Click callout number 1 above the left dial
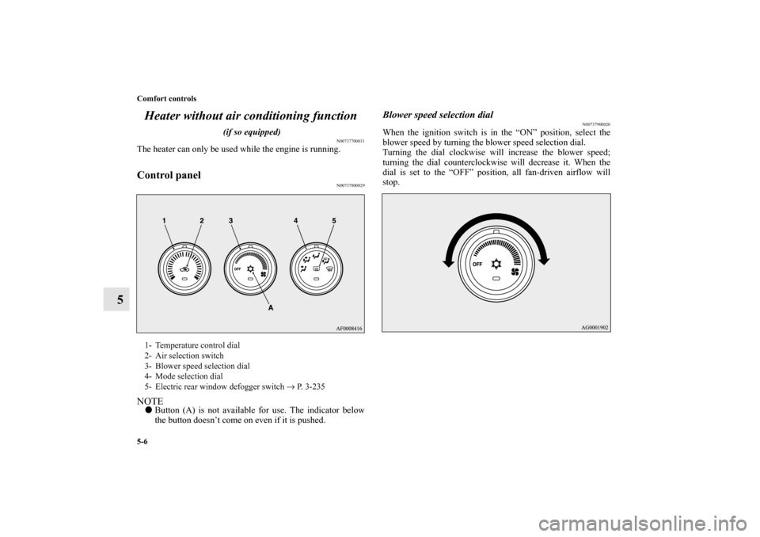[165, 221]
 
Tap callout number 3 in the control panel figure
[231, 221]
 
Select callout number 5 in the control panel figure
[334, 221]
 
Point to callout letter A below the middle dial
[271, 307]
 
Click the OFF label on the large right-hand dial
[477, 264]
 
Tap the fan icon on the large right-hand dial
[515, 272]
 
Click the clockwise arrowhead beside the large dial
[545, 260]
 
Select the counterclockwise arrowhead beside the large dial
[448, 262]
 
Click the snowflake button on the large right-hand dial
[496, 265]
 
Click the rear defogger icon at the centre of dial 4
[316, 269]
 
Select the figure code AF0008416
[349, 328]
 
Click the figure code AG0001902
[595, 327]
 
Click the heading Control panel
[169, 175]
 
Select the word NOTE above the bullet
[150, 402]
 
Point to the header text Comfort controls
[167, 98]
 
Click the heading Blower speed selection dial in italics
[438, 115]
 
